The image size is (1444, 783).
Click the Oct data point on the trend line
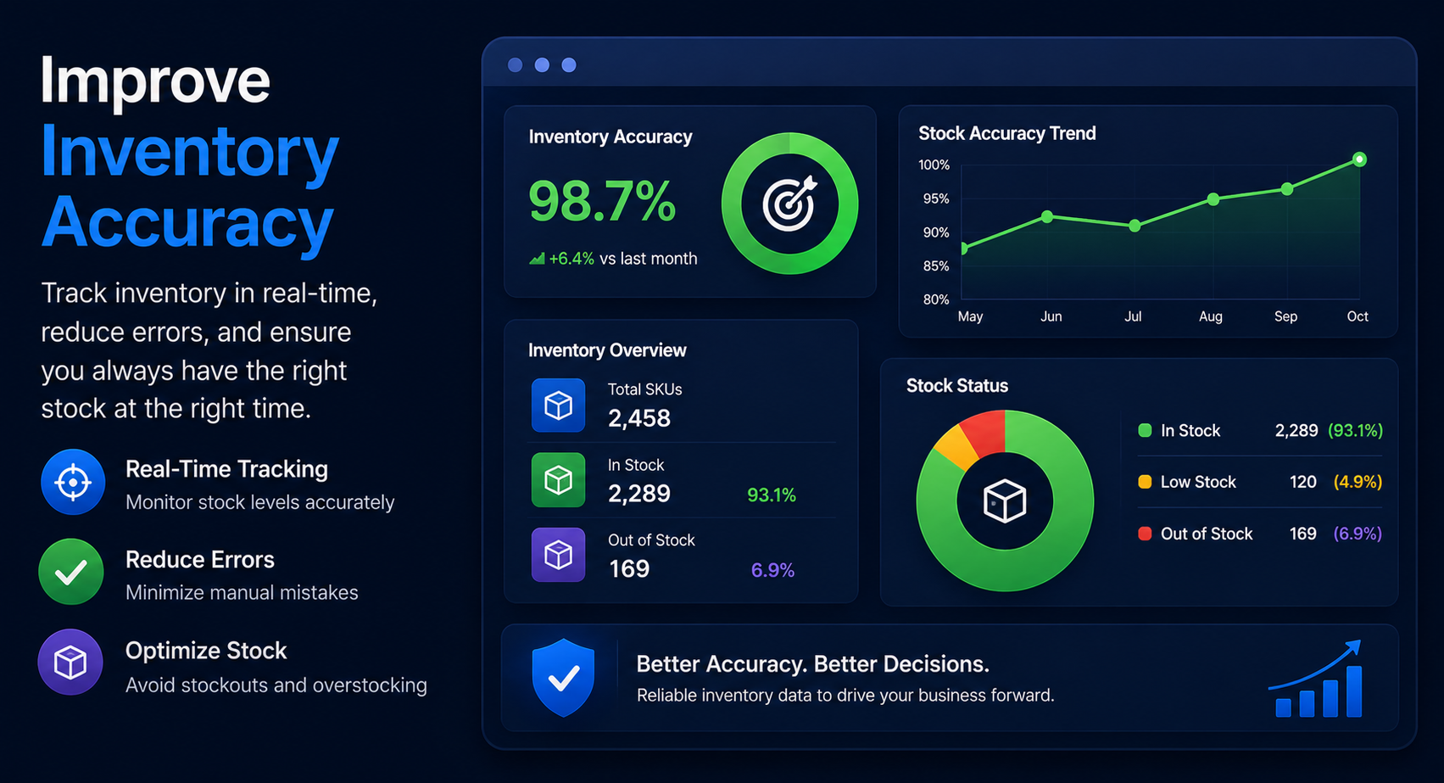coord(1359,159)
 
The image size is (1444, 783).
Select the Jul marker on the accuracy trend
coord(1135,226)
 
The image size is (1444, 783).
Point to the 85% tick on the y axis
coord(936,266)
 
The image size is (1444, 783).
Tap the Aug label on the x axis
coord(1211,316)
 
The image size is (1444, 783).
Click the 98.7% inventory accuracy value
coord(602,201)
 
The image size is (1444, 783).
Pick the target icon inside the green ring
coord(789,204)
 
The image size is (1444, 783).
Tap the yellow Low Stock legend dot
coord(1145,482)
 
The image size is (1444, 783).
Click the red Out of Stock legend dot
coord(1145,534)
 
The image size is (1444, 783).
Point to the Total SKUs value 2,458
coord(639,418)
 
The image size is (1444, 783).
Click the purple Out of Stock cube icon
coord(558,555)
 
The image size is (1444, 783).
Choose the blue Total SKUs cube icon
coord(558,405)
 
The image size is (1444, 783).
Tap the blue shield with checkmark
coord(563,677)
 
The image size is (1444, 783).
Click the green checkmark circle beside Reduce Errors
coord(71,572)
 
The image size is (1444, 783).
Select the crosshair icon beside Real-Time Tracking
coord(73,482)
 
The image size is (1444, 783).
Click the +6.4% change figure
coord(571,259)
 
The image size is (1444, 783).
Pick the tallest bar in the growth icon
coord(1354,691)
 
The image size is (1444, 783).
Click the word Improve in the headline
coord(154,82)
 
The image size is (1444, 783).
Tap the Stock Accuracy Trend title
coord(1007,133)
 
